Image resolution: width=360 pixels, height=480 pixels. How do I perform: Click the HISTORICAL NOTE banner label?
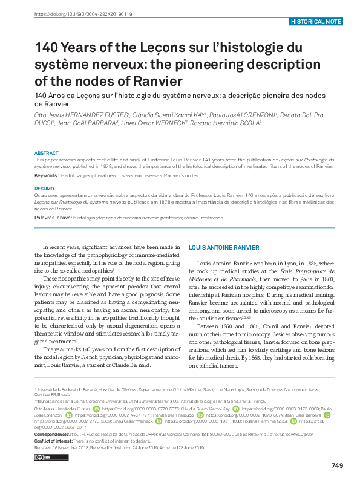[x=316, y=21]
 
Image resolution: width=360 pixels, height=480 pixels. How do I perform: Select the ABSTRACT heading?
[x=46, y=154]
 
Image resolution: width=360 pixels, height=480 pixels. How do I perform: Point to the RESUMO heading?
[x=44, y=189]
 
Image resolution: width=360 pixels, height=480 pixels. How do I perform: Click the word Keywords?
[x=46, y=175]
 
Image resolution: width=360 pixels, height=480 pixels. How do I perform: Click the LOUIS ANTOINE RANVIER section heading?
[x=224, y=248]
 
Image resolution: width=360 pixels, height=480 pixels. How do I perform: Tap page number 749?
[x=337, y=465]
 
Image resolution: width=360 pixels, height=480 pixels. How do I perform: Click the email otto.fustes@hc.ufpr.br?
[x=294, y=435]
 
